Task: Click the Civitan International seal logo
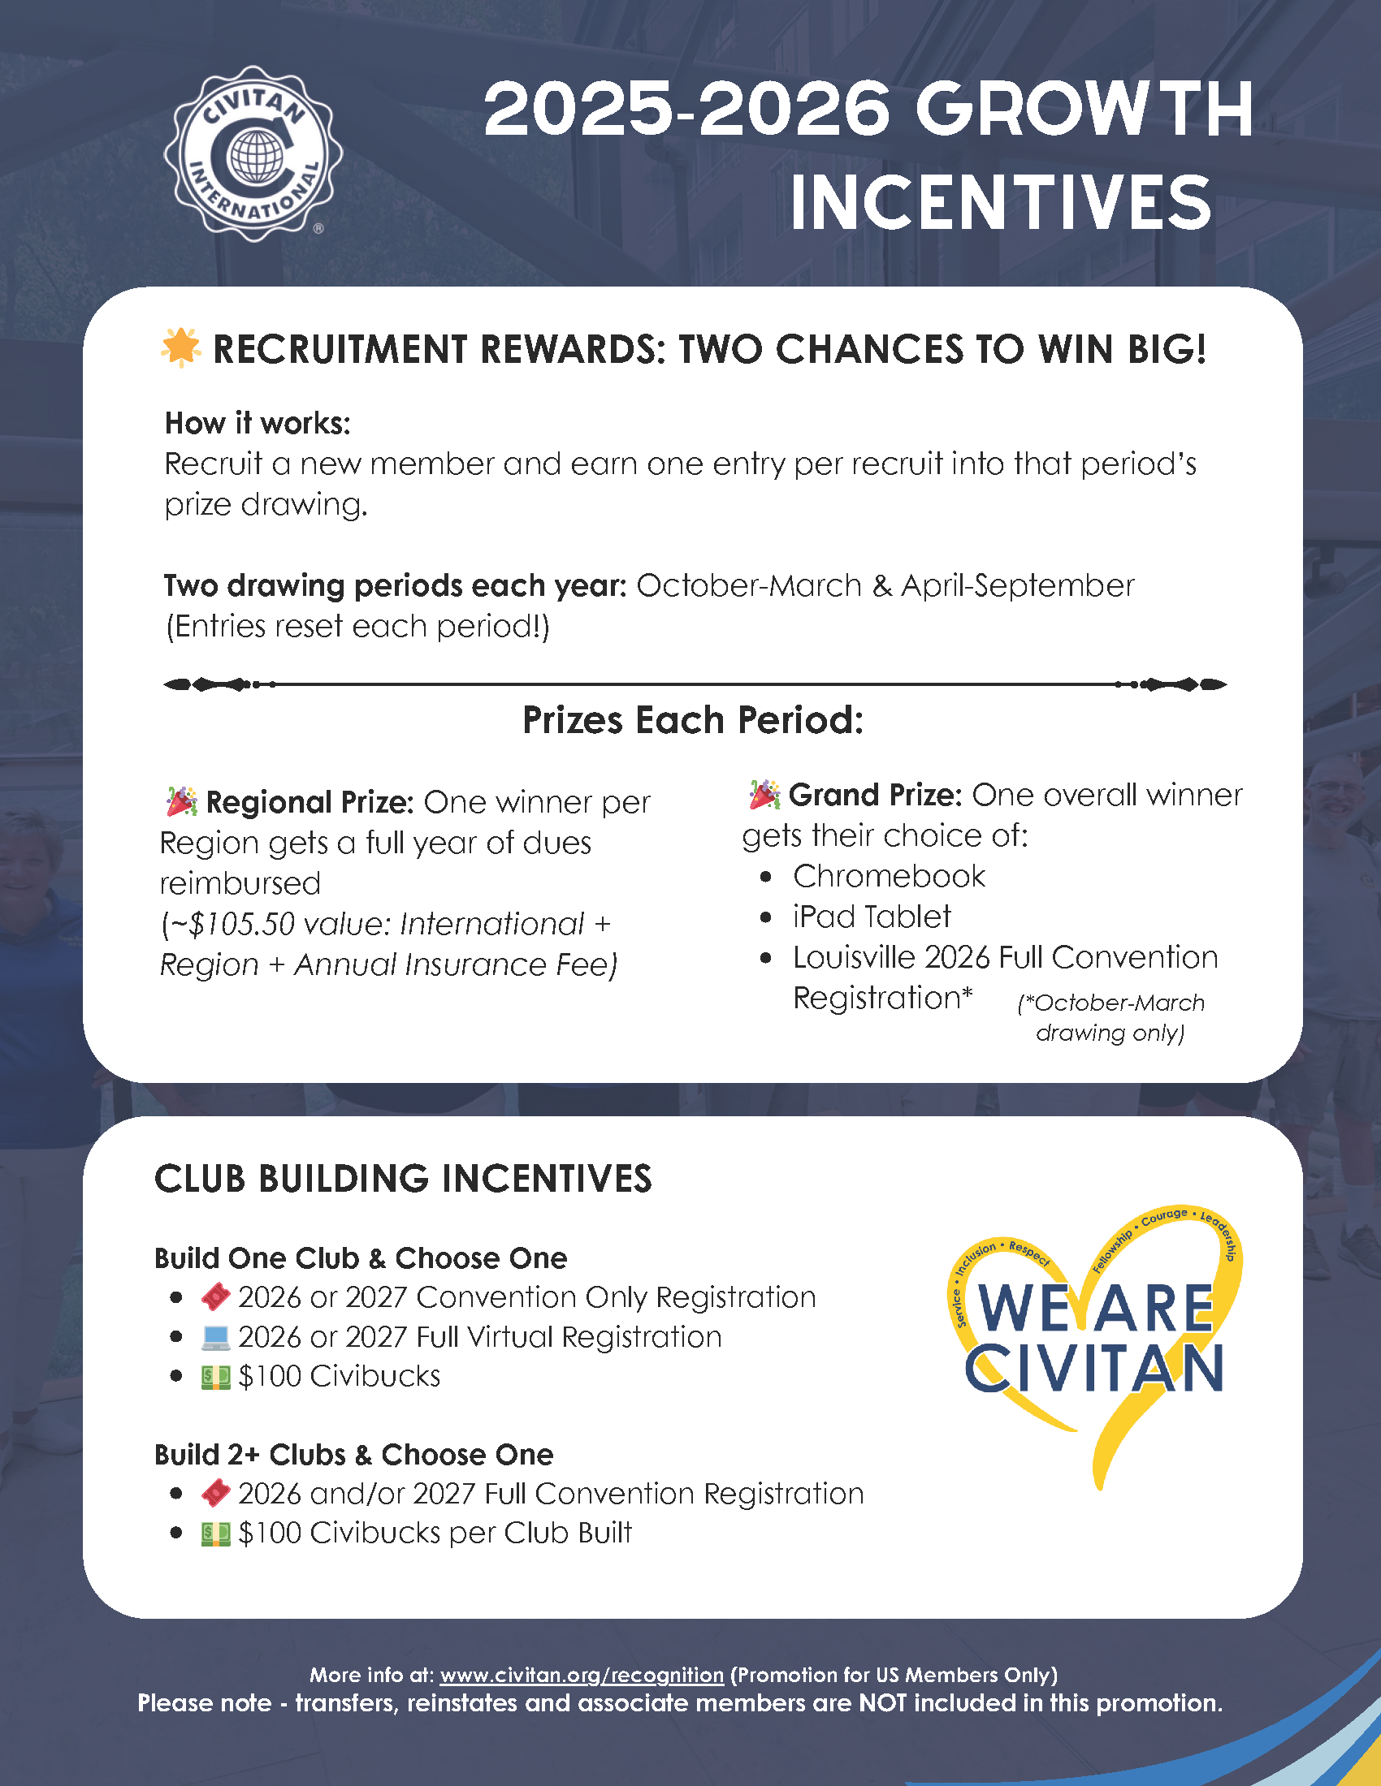253,153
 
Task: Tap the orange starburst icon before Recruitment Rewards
181,347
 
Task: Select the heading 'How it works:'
258,423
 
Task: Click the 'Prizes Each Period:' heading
692,720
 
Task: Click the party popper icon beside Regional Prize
182,801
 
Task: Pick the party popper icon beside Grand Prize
764,794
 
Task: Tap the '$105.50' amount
241,924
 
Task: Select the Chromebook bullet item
889,876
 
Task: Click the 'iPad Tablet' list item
872,917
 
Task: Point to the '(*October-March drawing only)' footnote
1110,1017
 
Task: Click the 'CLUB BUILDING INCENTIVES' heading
402,1180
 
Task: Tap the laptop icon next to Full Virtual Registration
216,1337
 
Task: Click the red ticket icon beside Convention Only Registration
216,1297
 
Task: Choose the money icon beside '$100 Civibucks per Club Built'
216,1534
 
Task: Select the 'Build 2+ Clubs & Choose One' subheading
353,1455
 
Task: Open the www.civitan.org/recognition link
582,1675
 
